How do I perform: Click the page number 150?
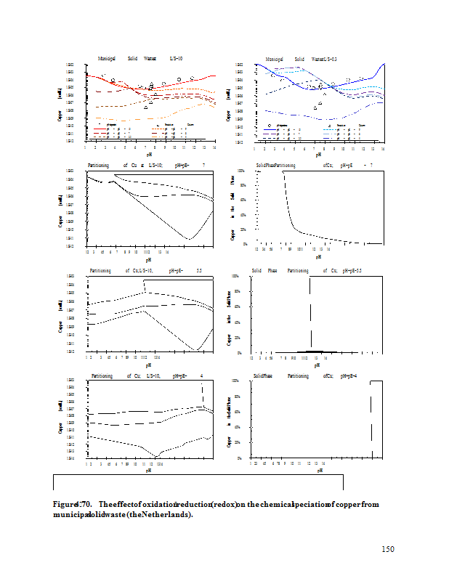pos(388,549)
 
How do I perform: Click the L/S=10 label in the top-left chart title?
pos(176,57)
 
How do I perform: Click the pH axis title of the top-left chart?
pos(149,154)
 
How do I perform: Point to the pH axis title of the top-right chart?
pos(318,154)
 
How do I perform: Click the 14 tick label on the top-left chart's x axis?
pos(214,147)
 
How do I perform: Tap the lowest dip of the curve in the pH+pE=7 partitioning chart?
pos(189,238)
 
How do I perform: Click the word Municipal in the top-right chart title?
pos(274,57)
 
